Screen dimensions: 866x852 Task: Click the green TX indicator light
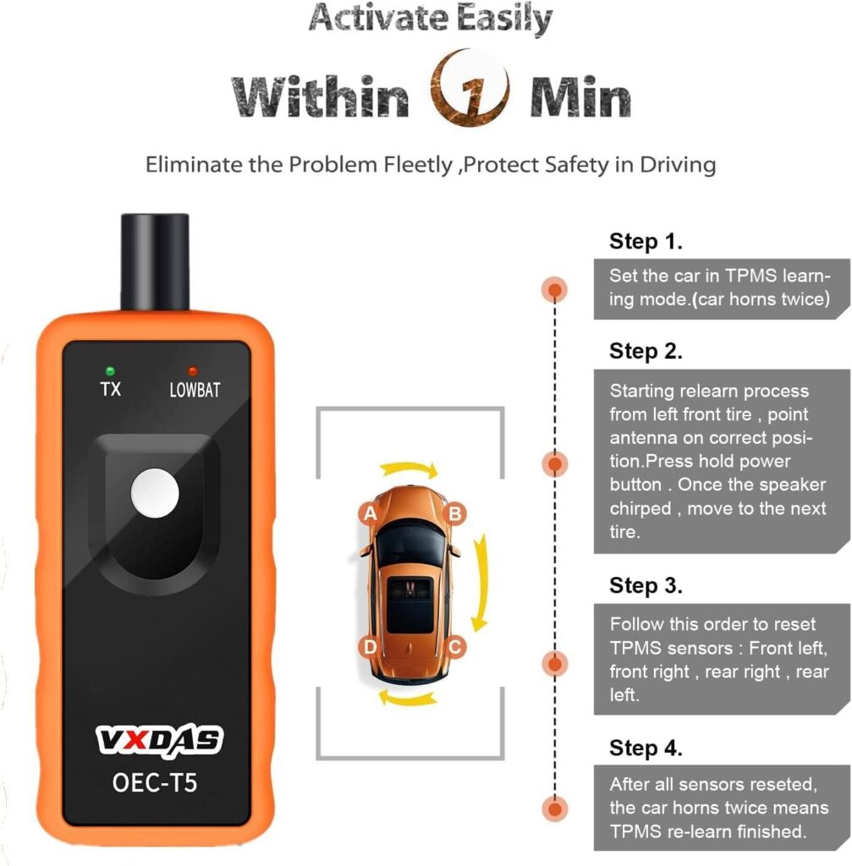click(x=110, y=370)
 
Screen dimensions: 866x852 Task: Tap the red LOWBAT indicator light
click(x=193, y=371)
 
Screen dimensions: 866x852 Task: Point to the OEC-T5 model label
click(x=155, y=781)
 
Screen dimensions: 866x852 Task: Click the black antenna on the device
click(x=154, y=261)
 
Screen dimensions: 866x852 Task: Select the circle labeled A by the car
click(x=369, y=512)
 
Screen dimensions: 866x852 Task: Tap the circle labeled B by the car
click(x=453, y=512)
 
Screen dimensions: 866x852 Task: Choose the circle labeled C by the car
click(x=454, y=648)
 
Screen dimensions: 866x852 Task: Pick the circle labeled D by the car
click(x=370, y=648)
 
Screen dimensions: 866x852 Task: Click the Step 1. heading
click(x=646, y=242)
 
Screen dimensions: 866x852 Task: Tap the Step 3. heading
click(x=646, y=585)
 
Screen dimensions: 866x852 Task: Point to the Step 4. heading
click(x=646, y=748)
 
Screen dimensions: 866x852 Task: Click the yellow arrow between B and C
click(x=481, y=581)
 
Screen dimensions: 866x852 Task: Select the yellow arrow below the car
click(x=409, y=696)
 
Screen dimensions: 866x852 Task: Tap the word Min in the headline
click(x=580, y=96)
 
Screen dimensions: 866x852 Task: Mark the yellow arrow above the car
click(x=408, y=468)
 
